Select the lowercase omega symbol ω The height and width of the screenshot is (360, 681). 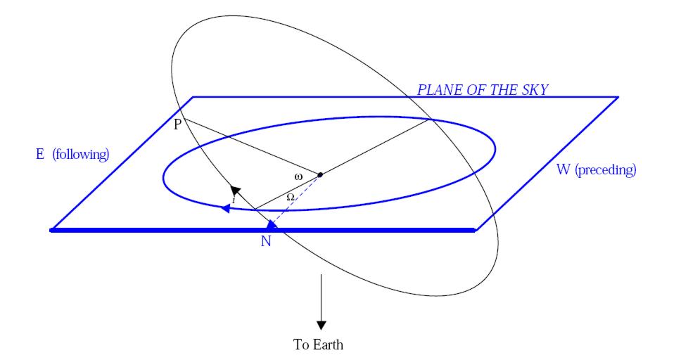tap(298, 176)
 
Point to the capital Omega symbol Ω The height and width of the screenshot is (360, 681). tap(290, 198)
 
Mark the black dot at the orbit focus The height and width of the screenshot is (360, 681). tap(319, 174)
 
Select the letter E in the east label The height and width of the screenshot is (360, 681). tap(41, 154)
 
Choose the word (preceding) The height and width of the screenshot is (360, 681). tap(606, 171)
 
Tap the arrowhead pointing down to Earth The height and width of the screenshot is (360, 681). tap(322, 324)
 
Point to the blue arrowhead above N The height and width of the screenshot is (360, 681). tap(271, 226)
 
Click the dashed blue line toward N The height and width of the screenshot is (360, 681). tap(295, 200)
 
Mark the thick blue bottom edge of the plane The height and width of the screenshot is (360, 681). tap(176, 230)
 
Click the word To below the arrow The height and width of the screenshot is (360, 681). tap(300, 345)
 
